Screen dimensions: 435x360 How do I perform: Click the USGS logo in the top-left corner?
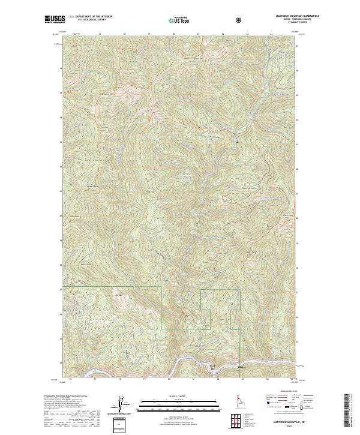55,20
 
